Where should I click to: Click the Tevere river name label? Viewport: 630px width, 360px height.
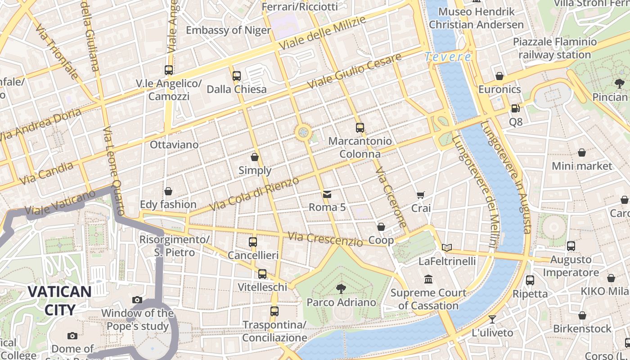448,57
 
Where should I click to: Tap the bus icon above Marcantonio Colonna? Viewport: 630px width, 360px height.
360,127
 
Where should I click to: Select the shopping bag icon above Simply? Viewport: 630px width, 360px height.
255,157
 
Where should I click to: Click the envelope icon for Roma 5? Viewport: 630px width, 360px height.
327,194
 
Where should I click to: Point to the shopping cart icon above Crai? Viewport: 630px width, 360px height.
420,195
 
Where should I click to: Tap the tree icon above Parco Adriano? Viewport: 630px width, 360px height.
341,288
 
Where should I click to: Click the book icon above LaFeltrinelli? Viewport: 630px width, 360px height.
446,247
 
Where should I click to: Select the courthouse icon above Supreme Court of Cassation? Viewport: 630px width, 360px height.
428,279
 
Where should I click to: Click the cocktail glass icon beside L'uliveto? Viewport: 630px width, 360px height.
492,319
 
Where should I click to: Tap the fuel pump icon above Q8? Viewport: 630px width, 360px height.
515,108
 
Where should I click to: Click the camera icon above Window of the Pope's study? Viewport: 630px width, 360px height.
137,300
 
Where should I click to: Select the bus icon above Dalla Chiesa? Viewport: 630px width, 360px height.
237,76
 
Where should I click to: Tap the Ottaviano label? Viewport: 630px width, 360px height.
174,144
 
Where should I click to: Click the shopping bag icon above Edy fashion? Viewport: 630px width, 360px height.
168,191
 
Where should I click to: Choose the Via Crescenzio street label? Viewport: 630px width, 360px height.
325,239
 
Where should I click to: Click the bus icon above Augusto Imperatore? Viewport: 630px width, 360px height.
571,246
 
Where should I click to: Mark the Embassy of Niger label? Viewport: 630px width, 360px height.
228,30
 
